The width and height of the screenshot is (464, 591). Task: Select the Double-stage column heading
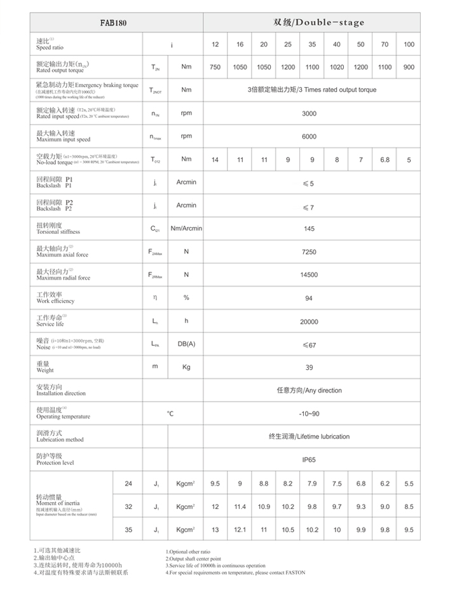[319, 22]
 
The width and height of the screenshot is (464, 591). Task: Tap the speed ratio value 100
[409, 44]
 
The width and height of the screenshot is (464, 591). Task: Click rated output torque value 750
[215, 67]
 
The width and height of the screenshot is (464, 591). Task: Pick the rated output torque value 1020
[336, 67]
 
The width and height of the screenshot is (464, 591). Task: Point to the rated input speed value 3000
[309, 113]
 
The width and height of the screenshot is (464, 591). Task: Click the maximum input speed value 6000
[309, 136]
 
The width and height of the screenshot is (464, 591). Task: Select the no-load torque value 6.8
[385, 160]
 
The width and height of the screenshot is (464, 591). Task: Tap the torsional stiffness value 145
[309, 229]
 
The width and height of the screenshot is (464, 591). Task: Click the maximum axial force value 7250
[309, 252]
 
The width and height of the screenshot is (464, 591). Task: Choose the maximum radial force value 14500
[309, 275]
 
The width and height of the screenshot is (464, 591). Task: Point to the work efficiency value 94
[309, 298]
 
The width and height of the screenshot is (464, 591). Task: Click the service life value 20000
[309, 322]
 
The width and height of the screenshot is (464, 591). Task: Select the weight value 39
[309, 367]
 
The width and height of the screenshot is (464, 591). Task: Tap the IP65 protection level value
[309, 459]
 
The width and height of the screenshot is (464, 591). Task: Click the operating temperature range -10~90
[309, 414]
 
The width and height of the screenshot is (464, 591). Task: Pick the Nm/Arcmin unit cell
[186, 229]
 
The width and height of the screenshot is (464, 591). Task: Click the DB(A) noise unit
[186, 344]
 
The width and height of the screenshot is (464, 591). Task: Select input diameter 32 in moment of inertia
[128, 507]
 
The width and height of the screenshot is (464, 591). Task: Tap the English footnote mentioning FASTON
[235, 573]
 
